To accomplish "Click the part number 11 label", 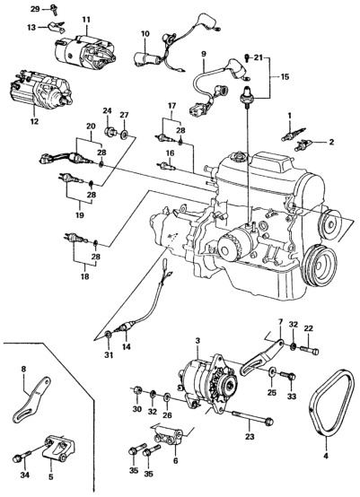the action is [86, 20].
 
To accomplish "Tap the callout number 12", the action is [34, 121].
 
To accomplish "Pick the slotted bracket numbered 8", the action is [31, 398].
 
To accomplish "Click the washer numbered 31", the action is [109, 335].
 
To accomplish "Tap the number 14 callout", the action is [127, 346].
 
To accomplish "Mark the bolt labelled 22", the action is [309, 349].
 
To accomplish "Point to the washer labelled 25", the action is [272, 371].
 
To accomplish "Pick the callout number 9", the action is [203, 54].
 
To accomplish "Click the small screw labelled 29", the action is [54, 10].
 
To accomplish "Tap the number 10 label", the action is [145, 33].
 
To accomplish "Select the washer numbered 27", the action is [124, 135].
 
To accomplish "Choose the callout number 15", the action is [285, 77].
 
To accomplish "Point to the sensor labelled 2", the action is [303, 146].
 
